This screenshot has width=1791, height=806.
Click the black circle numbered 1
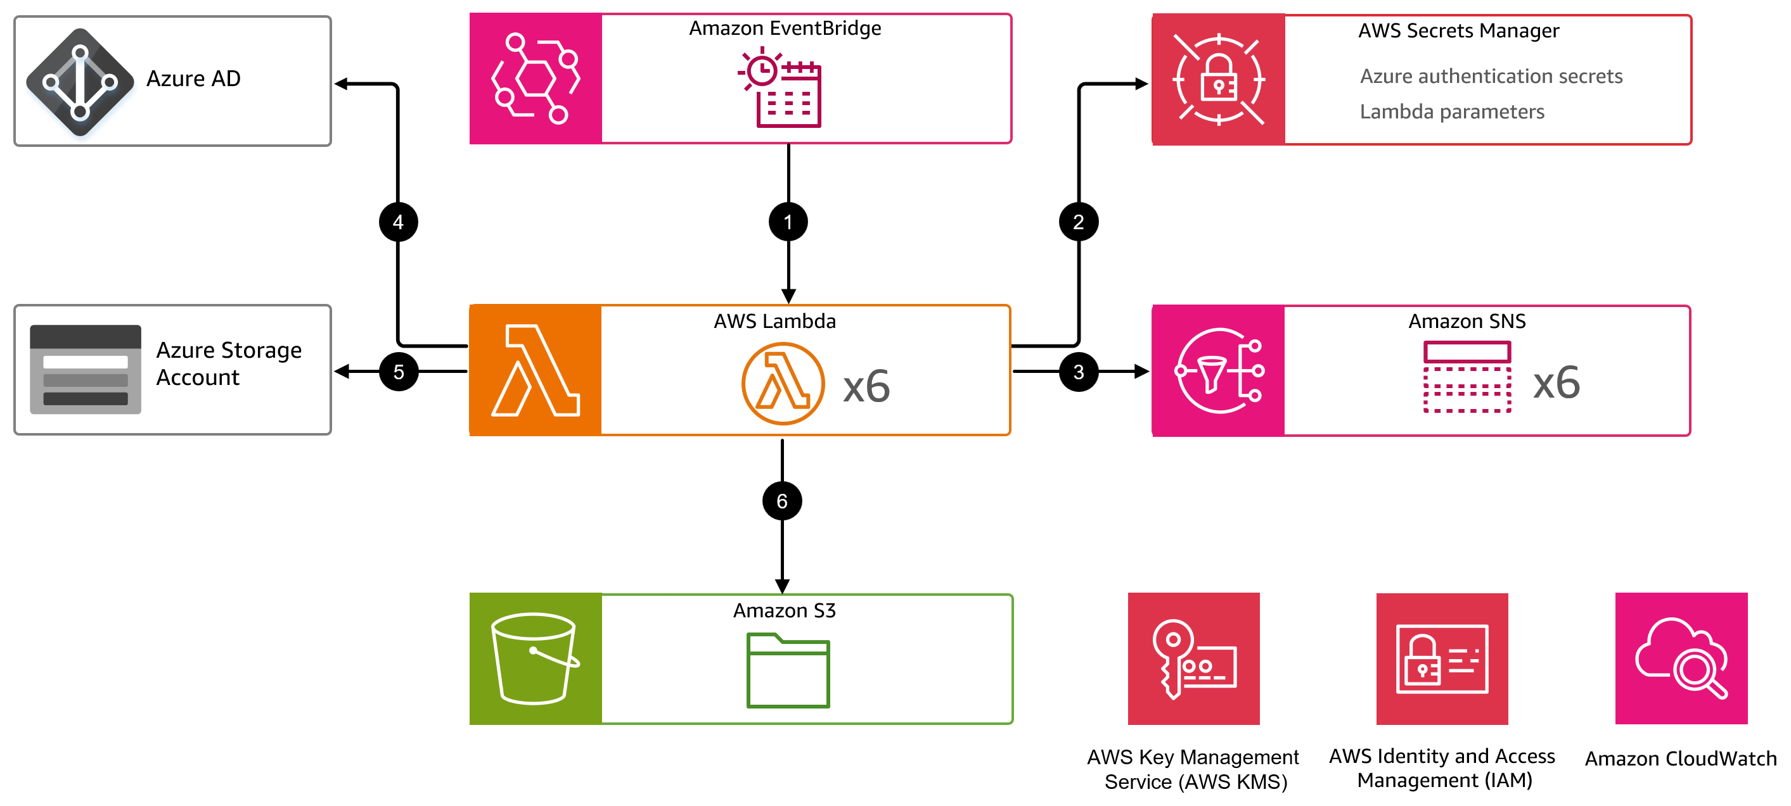[788, 222]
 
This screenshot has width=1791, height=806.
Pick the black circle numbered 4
[398, 222]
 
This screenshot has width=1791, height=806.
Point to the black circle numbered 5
[399, 372]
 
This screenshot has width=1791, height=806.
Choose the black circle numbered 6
[781, 500]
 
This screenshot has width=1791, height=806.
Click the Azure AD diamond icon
[80, 82]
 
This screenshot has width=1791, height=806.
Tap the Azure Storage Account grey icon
[85, 369]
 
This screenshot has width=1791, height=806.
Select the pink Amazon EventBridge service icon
[536, 79]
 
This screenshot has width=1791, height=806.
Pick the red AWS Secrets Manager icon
[1218, 80]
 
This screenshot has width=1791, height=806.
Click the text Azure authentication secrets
[1490, 76]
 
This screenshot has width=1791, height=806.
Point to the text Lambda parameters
[1451, 111]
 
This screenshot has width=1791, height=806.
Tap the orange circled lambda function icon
[783, 383]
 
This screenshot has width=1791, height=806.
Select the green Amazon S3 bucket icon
[535, 658]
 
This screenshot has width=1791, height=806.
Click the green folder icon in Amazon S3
[788, 670]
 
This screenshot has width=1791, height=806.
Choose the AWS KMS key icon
[1193, 658]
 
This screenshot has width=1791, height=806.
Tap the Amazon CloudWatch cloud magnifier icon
[1681, 658]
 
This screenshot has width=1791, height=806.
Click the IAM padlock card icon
[1441, 658]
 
